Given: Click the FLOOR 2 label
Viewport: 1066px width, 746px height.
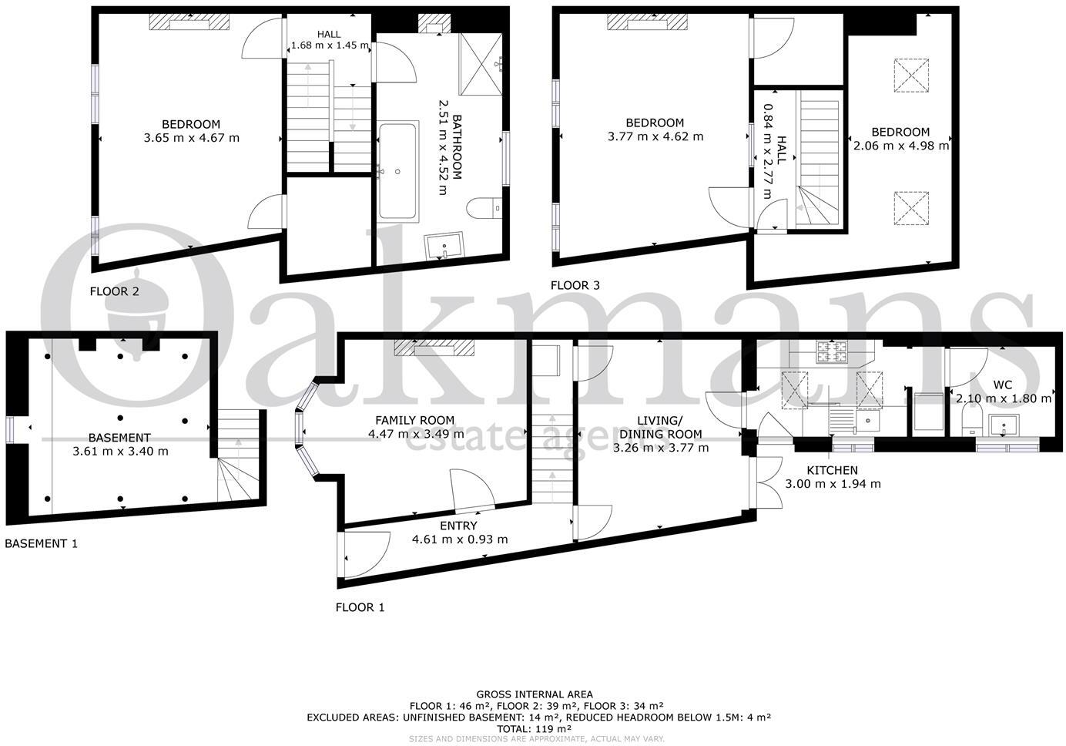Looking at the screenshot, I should click(x=115, y=291).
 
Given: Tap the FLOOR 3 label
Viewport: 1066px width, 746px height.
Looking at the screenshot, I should click(x=575, y=285).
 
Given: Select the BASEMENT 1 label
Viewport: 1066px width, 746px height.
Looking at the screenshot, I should click(x=41, y=543).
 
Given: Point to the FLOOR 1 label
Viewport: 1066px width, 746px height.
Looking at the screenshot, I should click(x=360, y=607).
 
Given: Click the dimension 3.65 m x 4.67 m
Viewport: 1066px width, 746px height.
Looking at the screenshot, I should click(x=191, y=138).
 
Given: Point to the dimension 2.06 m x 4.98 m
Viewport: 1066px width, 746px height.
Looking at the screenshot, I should click(x=900, y=145).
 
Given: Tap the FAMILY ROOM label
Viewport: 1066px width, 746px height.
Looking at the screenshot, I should click(x=414, y=420).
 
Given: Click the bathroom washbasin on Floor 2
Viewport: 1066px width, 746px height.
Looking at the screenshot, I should click(x=444, y=245).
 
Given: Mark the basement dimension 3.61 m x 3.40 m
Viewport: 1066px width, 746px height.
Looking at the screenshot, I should click(x=120, y=452).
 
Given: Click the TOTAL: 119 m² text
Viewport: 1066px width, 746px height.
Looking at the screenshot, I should click(x=534, y=728).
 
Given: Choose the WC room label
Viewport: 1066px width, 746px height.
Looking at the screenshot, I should click(x=1002, y=384).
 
